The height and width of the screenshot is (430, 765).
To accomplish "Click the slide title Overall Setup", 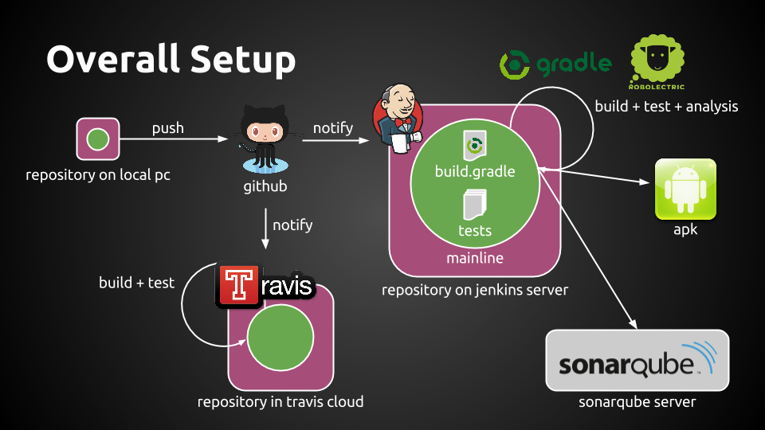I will pos(171,60).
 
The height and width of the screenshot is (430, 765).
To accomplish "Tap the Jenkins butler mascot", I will pos(396,119).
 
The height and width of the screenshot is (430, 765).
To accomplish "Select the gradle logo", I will pos(555,64).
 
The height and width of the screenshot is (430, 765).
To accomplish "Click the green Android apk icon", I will pos(685,190).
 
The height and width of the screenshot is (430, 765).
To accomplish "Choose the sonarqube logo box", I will pos(637,361).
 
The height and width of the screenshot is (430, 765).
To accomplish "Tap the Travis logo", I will pos(265,287).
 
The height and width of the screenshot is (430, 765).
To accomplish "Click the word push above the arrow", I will pos(168,127).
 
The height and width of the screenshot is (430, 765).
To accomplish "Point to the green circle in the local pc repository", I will pos(97,139).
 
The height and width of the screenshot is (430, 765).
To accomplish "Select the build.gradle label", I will pos(475,171).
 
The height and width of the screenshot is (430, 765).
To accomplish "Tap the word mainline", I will pos(475,258).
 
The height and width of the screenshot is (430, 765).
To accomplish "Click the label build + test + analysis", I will pos(666,106).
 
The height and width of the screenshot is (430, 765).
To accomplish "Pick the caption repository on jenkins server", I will pos(475,290).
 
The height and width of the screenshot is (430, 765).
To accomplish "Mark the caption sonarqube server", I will pos(637,402).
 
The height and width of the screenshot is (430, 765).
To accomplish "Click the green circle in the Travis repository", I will pos(280,338).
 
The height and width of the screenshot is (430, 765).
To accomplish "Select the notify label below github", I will pos(292,225).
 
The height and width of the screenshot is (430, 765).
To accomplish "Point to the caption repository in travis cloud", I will pos(280,402).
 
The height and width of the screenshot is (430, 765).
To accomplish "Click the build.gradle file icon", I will pos(475,147).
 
